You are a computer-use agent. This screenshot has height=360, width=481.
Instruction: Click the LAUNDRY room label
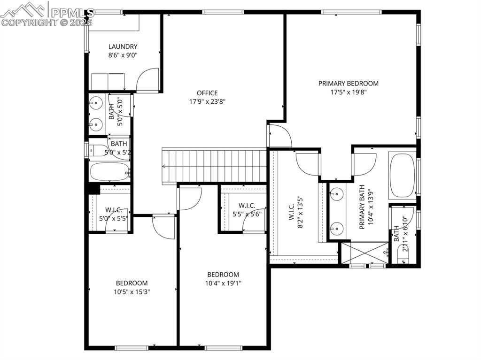pos(123,46)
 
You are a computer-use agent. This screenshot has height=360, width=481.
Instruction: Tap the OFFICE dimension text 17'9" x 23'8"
pos(207,101)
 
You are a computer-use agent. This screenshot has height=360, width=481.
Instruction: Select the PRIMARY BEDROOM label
pos(348,84)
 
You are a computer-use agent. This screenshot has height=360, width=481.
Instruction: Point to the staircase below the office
pos(215,166)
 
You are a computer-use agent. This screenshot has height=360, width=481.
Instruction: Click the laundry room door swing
pos(148,80)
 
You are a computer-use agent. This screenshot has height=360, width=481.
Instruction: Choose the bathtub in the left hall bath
pos(109,172)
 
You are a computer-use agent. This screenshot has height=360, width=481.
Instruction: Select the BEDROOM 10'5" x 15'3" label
pos(132,287)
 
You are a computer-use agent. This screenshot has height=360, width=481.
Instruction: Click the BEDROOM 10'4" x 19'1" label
pos(224,279)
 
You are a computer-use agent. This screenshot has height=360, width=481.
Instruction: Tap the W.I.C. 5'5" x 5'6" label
pos(247,210)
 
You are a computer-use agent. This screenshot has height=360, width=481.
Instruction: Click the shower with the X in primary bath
pos(364,253)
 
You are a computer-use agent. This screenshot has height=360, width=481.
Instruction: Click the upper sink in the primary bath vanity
pos(336,193)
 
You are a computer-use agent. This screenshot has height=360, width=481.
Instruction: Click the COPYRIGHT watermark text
pos(47,22)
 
